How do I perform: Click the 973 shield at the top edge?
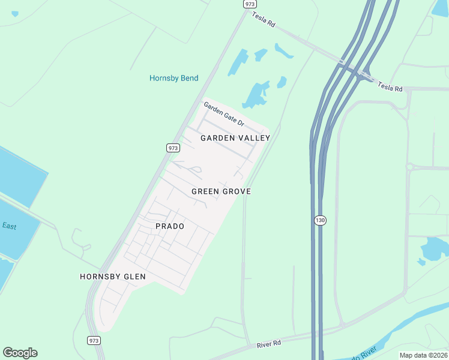pyautogui.click(x=250, y=4)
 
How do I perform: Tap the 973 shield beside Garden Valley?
pyautogui.click(x=173, y=148)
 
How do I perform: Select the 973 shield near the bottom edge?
pyautogui.click(x=94, y=340)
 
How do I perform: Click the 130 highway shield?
pyautogui.click(x=320, y=220)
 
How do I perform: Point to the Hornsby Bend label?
pyautogui.click(x=173, y=78)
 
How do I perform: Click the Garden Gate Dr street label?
pyautogui.click(x=224, y=114)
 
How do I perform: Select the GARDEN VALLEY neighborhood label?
pyautogui.click(x=235, y=138)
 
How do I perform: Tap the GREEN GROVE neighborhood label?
pyautogui.click(x=221, y=191)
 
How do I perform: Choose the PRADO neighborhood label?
pyautogui.click(x=170, y=226)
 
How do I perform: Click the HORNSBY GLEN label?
pyautogui.click(x=113, y=277)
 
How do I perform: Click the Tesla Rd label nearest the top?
pyautogui.click(x=264, y=20)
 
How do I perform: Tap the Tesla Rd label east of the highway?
pyautogui.click(x=390, y=88)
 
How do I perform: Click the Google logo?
pyautogui.click(x=20, y=353)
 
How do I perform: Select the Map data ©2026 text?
pyautogui.click(x=423, y=355)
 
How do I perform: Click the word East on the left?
pyautogui.click(x=9, y=226)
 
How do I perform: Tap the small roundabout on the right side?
pyautogui.click(x=409, y=167)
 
